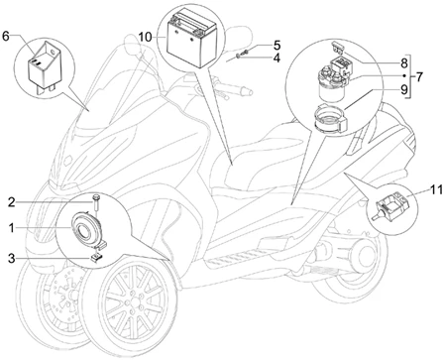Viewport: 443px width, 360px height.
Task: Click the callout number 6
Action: pos(6,36)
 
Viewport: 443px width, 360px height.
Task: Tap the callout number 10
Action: pos(145,37)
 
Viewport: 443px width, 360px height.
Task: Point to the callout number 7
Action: pos(418,77)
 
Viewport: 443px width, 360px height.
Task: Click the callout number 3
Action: pos(11,258)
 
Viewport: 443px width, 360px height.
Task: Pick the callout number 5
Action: pos(277,46)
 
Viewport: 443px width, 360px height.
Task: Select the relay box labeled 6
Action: pos(45,65)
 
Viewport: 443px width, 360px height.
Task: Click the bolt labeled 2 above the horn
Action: pos(96,202)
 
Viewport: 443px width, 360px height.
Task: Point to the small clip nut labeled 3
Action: pos(96,257)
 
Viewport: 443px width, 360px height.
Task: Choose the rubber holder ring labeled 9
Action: pos(330,119)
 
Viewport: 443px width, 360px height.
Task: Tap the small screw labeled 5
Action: pos(245,52)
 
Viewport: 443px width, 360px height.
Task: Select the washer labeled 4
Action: pos(238,58)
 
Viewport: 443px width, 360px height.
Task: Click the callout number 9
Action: pos(404,89)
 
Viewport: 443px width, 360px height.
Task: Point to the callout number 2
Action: pos(11,201)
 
